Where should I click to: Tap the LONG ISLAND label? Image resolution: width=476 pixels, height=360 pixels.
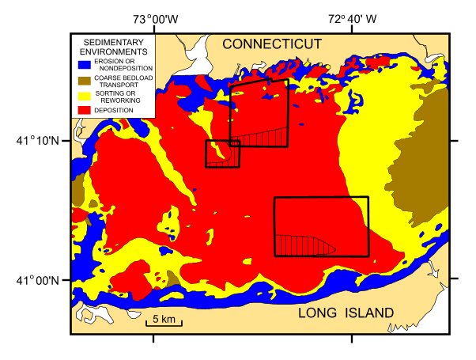click(x=346, y=314)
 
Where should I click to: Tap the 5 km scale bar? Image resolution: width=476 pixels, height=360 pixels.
click(x=164, y=323)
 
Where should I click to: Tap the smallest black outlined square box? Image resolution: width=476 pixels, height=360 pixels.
click(x=222, y=153)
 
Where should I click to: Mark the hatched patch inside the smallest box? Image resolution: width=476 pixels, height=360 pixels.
click(x=232, y=157)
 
